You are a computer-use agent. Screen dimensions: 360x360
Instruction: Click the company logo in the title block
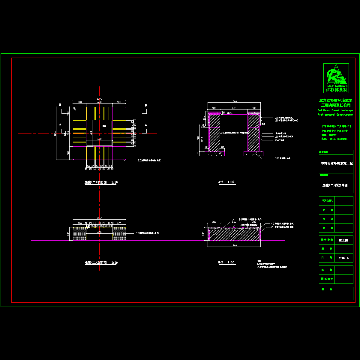click(336, 78)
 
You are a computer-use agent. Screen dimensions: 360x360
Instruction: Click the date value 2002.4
click(344, 258)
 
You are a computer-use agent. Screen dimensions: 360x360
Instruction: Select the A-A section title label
click(226, 182)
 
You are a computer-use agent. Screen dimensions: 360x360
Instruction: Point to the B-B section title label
click(226, 262)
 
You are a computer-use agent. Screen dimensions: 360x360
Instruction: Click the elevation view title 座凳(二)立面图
click(101, 263)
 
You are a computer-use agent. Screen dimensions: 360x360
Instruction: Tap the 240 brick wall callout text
click(280, 140)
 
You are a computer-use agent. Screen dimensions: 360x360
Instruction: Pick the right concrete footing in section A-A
click(253, 154)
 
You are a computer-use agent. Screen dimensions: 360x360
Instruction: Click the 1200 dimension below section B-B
click(234, 246)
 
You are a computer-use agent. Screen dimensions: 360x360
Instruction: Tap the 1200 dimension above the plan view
click(99, 99)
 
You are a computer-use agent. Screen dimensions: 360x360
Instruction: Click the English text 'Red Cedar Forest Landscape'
click(335, 110)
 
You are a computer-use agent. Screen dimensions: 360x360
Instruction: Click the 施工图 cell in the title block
click(343, 240)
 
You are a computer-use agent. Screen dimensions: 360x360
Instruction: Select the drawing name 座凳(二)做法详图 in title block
click(335, 185)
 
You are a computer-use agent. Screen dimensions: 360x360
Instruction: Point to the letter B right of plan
click(146, 106)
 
